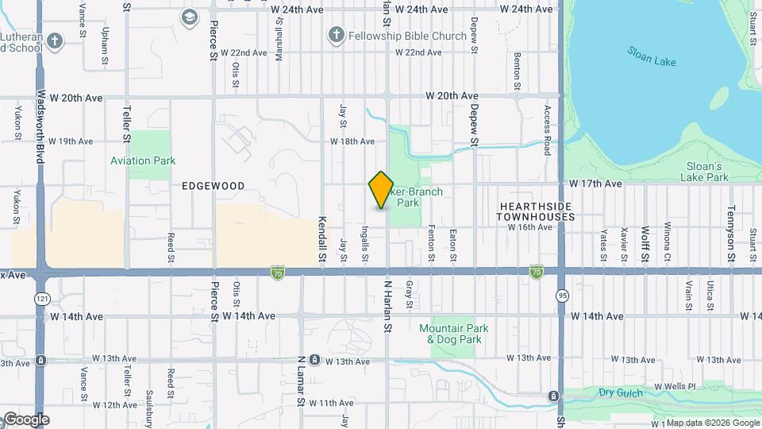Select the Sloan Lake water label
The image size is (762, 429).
(651, 56)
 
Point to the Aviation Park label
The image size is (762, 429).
(143, 160)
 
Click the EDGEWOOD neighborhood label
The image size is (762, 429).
(213, 186)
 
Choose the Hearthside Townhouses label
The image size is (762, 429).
(537, 211)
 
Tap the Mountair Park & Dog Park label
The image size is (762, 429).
(454, 334)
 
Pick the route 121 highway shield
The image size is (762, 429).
(41, 298)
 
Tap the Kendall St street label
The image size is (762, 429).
(322, 238)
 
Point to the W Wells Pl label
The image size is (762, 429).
(674, 387)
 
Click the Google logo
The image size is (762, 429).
(25, 419)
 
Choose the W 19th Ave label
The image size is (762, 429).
(71, 141)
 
